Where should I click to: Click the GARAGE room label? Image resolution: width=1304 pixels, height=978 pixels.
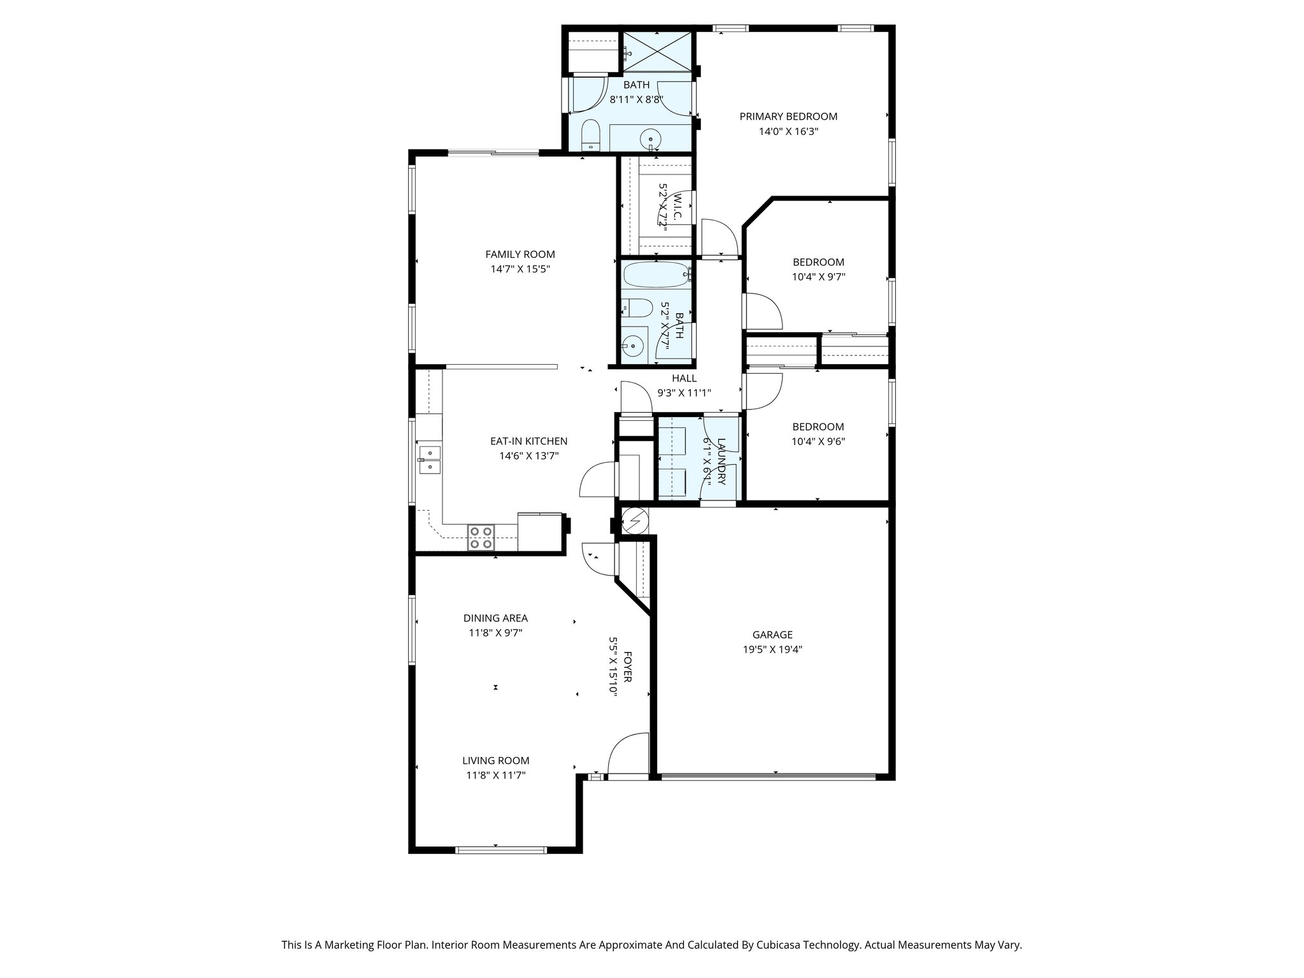point(772,635)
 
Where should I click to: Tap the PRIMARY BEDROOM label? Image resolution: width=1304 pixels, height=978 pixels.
point(788,117)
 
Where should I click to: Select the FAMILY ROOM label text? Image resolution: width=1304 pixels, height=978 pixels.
point(520,255)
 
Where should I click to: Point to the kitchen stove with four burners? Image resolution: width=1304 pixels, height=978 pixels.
point(480,537)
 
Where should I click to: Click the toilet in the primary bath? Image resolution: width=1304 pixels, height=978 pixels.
point(591,134)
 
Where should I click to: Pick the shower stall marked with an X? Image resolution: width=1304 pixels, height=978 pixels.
point(657,52)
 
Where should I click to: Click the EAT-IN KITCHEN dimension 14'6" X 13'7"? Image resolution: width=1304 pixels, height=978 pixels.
point(528,456)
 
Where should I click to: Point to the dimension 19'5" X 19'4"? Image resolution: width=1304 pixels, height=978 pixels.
point(772,650)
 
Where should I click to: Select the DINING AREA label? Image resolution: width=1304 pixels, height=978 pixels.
point(495,618)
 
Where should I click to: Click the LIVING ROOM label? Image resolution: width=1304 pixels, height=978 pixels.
point(495,761)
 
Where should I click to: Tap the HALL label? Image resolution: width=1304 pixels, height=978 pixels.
point(684,378)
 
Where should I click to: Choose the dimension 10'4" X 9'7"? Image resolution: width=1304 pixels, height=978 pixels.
point(818,277)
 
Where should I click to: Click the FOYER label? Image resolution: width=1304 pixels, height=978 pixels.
point(628,667)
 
